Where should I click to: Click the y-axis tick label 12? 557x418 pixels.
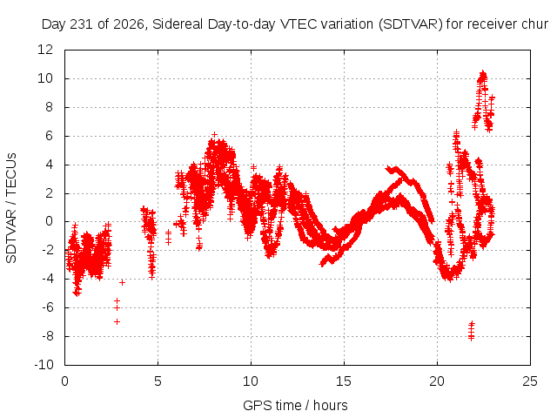click(x=45, y=50)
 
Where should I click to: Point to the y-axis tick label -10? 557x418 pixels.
click(x=44, y=365)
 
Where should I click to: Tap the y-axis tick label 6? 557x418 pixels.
click(x=49, y=136)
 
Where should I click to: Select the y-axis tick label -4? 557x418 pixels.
click(x=47, y=279)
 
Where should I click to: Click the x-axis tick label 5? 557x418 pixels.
click(x=158, y=381)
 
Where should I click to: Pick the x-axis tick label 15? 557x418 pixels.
click(x=344, y=381)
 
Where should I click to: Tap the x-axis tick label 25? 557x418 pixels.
click(x=530, y=381)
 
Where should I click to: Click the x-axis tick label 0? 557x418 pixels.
click(x=64, y=381)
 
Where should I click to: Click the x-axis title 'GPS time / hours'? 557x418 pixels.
click(x=295, y=405)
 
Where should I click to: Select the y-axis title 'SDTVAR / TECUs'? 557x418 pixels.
click(x=11, y=208)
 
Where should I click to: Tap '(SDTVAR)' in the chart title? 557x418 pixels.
click(x=411, y=24)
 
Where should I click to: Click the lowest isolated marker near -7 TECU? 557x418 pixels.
click(x=117, y=321)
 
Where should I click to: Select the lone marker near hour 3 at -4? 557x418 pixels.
click(x=122, y=282)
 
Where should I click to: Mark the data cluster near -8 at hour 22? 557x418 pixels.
click(x=472, y=331)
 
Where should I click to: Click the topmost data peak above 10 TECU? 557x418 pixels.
click(x=483, y=73)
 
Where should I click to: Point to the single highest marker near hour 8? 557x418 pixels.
click(x=214, y=134)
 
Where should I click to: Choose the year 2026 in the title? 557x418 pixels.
click(x=129, y=24)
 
